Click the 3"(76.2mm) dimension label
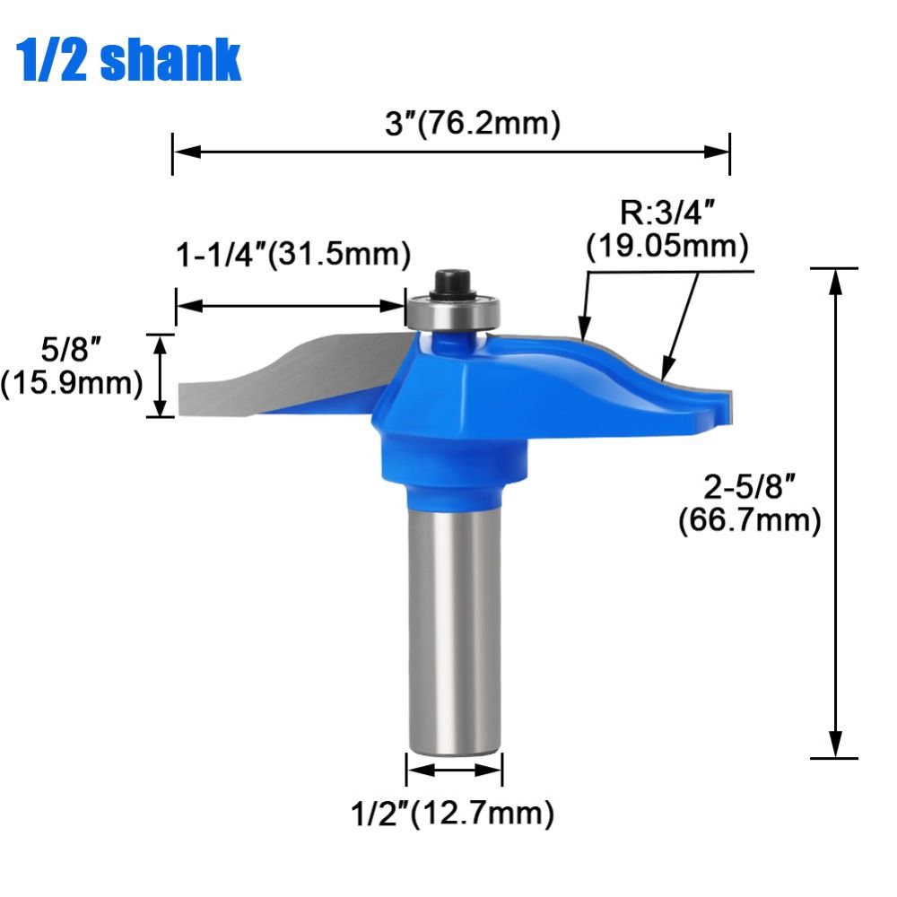click(x=472, y=124)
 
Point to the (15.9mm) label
click(x=72, y=384)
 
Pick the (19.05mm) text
click(x=667, y=246)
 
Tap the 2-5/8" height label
click(x=749, y=490)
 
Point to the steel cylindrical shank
click(x=453, y=628)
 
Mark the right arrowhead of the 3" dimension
click(x=718, y=152)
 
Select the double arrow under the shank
click(x=454, y=771)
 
